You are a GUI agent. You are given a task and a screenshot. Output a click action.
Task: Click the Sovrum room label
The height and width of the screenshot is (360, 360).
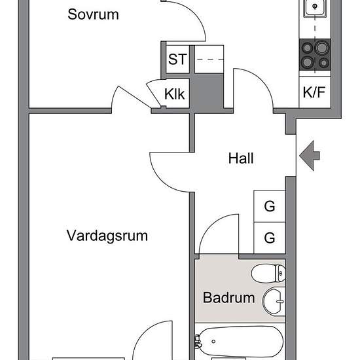[x=93, y=14]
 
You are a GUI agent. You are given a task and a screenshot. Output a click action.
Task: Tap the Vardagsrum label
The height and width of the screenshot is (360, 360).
[x=107, y=236]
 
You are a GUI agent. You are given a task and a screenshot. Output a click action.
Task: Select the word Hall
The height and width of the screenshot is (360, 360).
[x=241, y=158]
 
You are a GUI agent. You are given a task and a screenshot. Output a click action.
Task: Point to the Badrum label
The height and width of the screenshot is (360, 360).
[x=229, y=298]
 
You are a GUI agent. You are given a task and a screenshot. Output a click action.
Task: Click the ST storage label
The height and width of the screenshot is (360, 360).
[x=177, y=59]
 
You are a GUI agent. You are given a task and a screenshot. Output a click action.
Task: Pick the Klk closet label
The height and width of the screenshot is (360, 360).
[x=174, y=94]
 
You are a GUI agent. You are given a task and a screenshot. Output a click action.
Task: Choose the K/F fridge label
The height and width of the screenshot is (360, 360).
[x=314, y=92]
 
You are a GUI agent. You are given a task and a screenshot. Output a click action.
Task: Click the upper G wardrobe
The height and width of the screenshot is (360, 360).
[x=270, y=206]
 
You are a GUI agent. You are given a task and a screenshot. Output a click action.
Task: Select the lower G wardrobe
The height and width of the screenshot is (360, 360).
[x=270, y=238]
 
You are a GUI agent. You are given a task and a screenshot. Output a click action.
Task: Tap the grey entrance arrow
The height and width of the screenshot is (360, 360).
[x=310, y=156]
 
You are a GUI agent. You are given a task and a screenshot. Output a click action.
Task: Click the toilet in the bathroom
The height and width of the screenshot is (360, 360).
[x=268, y=273]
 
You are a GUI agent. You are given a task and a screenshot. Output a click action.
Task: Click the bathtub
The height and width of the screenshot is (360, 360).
[x=240, y=342]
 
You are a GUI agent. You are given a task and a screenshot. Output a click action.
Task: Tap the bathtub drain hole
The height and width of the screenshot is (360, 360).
[x=213, y=342]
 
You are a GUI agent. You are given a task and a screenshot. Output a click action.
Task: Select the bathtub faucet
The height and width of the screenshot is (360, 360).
[x=198, y=342]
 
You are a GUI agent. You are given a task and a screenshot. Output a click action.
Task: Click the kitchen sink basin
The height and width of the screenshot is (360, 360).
[x=315, y=7]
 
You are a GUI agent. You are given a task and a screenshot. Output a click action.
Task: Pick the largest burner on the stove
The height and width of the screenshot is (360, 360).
[x=321, y=48]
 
